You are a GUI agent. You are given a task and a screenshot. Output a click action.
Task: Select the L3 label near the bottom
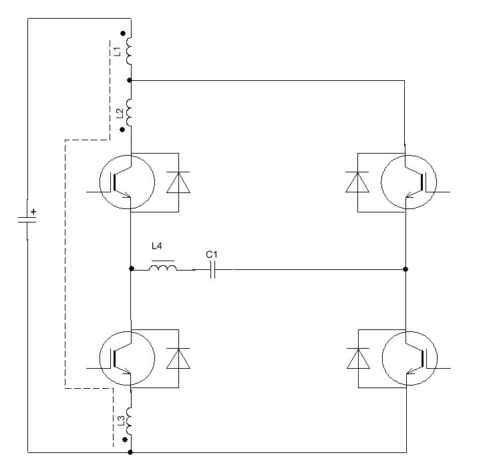(x=120, y=421)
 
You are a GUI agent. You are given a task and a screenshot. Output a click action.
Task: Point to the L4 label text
(x=157, y=247)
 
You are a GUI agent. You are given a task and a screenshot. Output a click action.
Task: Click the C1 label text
(x=211, y=255)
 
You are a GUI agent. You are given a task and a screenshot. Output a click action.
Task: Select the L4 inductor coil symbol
(x=163, y=269)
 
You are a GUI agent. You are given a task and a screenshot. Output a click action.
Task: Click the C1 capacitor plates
(x=212, y=269)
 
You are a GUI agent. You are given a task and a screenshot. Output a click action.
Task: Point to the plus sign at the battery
(x=34, y=212)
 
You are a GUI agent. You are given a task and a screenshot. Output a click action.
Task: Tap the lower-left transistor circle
(x=127, y=358)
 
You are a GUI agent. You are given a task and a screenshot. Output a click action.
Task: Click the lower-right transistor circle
(x=408, y=358)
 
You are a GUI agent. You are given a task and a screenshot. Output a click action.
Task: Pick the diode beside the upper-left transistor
(x=178, y=182)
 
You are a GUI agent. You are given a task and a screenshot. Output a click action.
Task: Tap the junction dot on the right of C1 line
(x=406, y=269)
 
